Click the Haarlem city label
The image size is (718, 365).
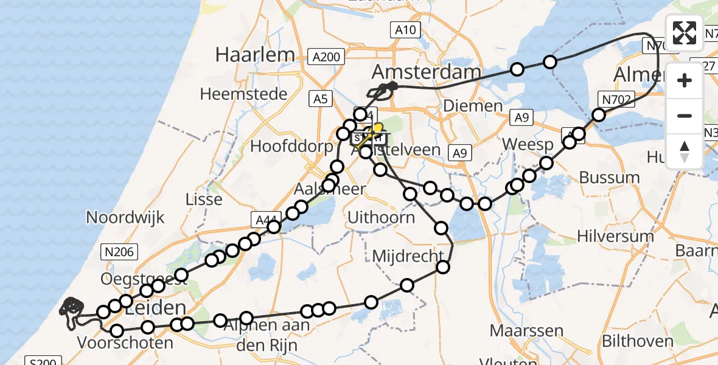(254, 55)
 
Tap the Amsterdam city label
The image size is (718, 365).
(426, 72)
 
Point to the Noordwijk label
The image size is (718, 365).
(126, 217)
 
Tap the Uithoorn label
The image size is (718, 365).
(381, 217)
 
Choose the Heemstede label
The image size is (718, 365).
(243, 94)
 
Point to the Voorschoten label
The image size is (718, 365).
(125, 342)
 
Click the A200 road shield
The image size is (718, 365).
(326, 57)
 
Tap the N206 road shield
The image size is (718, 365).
(119, 251)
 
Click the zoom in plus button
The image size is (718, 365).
(685, 80)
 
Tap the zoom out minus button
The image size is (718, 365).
(685, 116)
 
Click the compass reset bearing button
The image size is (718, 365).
(685, 150)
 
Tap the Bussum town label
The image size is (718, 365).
(609, 178)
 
